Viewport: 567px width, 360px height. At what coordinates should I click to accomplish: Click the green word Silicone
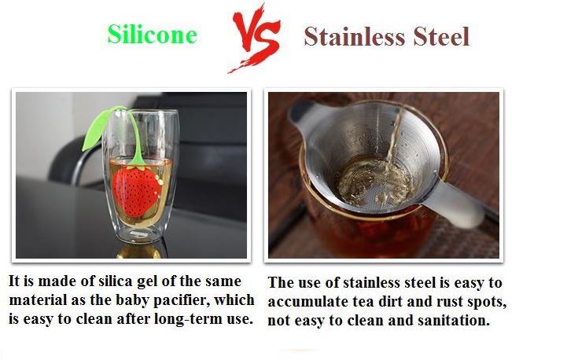click(153, 34)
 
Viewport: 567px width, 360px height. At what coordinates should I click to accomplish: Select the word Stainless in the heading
click(355, 36)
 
